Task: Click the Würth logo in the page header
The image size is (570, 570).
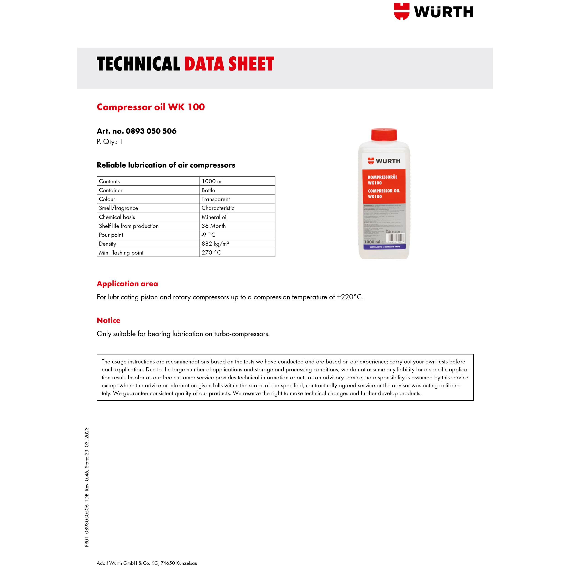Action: pyautogui.click(x=433, y=12)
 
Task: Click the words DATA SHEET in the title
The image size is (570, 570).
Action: pyautogui.click(x=229, y=64)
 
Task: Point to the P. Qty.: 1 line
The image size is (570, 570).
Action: pyautogui.click(x=110, y=142)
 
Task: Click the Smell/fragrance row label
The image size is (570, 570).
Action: pyautogui.click(x=118, y=208)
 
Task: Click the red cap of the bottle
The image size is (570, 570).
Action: pyautogui.click(x=384, y=135)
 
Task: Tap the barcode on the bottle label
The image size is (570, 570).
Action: pyautogui.click(x=395, y=238)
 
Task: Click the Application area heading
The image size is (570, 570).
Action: pyautogui.click(x=127, y=284)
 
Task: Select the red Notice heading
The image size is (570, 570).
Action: pyautogui.click(x=109, y=320)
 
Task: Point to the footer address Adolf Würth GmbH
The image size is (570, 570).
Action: pyautogui.click(x=147, y=563)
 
